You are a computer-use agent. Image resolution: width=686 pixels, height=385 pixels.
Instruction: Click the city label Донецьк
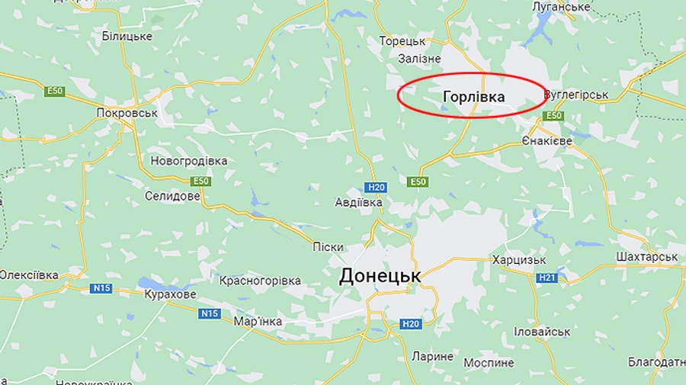click(x=380, y=276)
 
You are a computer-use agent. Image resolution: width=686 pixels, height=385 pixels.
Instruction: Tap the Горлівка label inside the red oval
click(x=473, y=97)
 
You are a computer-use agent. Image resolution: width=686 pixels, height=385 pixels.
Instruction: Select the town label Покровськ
click(x=127, y=113)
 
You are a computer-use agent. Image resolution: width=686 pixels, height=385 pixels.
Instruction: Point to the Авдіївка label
click(x=358, y=203)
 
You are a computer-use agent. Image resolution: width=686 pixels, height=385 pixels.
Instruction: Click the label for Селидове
click(x=172, y=196)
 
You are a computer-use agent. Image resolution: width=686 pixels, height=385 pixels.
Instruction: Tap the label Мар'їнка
click(x=258, y=321)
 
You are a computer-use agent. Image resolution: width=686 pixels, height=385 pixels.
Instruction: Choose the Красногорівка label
click(x=260, y=281)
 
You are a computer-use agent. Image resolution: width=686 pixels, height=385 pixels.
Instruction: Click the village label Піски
click(x=328, y=246)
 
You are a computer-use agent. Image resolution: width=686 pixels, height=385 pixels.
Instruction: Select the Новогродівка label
click(x=189, y=161)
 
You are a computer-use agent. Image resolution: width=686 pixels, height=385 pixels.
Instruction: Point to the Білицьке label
click(x=127, y=36)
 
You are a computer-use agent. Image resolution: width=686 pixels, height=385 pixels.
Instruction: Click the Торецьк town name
click(x=402, y=40)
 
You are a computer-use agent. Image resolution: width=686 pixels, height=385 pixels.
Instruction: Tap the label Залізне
click(x=419, y=58)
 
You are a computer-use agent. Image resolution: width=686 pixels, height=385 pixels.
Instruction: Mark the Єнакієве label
click(x=547, y=142)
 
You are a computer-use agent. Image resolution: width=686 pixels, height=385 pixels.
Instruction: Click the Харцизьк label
click(x=519, y=260)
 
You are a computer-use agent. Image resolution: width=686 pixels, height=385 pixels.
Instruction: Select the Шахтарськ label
click(x=647, y=257)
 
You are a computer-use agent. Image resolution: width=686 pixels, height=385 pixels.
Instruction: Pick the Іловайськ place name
click(x=542, y=332)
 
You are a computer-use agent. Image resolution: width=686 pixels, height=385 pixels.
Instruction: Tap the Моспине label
click(x=489, y=362)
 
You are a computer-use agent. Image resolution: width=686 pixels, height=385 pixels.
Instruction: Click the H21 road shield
click(x=547, y=278)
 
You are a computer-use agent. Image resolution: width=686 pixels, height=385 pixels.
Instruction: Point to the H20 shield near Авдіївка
click(x=376, y=187)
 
